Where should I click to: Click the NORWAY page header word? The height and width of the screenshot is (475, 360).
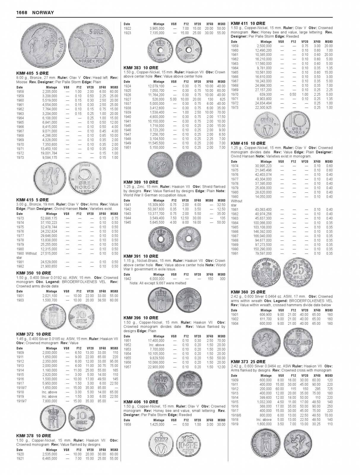coord(43,12)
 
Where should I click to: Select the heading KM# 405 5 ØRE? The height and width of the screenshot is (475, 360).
coord(32,73)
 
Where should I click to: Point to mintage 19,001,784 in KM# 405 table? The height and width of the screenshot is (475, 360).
coord(49,153)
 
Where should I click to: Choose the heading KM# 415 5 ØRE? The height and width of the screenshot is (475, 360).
coord(32,200)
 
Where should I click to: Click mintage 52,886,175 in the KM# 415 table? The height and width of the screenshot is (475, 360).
coord(49,218)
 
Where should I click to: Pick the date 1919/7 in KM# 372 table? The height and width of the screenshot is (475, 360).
coord(21,401)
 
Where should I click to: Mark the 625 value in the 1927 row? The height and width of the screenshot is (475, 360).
coord(221,99)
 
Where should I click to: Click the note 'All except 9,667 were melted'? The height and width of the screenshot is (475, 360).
coord(158,283)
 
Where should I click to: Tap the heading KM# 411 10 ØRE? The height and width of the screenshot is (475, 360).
coord(248,23)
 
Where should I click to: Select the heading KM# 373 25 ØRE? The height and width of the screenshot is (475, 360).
coord(248,361)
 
